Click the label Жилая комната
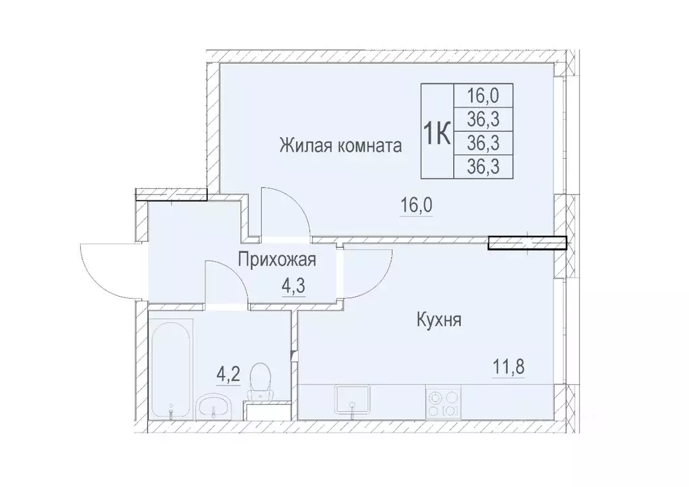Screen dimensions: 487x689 tap(341, 145)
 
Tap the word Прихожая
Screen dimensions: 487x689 tap(277, 259)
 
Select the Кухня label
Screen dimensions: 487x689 tap(438, 320)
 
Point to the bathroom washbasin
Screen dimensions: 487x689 tap(215, 406)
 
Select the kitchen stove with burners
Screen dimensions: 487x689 tap(443, 402)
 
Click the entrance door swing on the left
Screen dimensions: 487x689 tap(108, 269)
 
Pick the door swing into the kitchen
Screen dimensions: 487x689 tap(367, 272)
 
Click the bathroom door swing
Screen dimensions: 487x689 tap(225, 283)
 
